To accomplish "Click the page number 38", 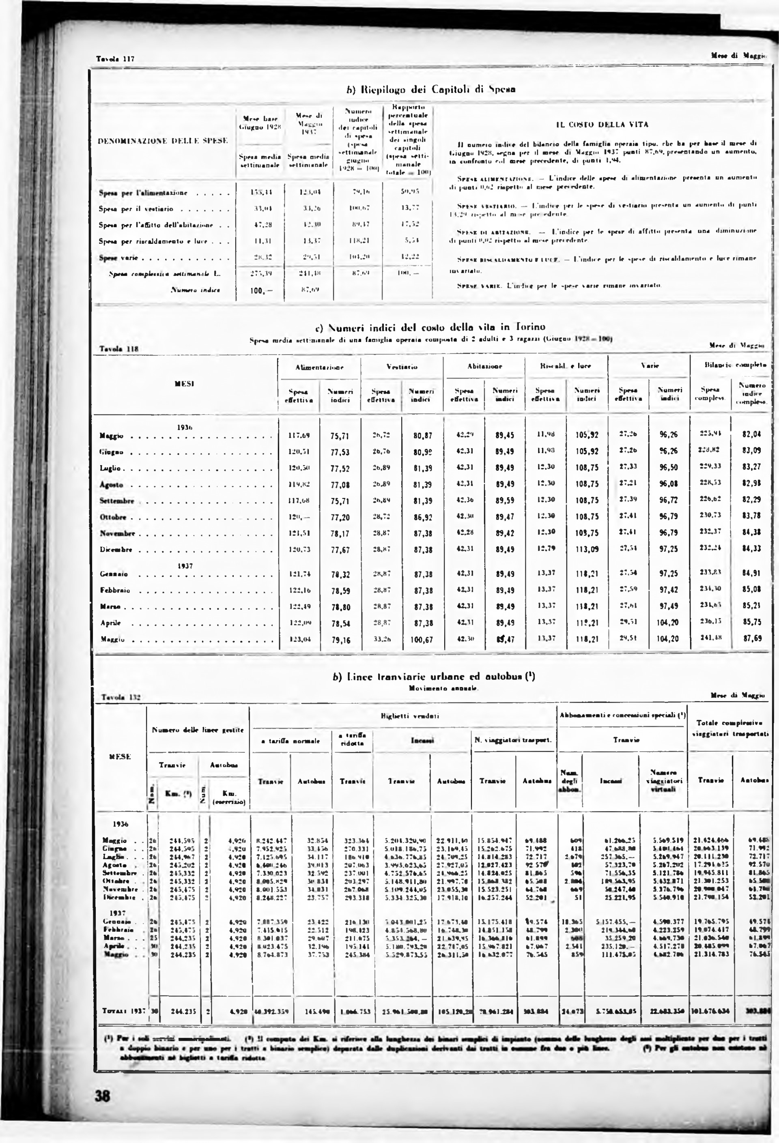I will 103,1096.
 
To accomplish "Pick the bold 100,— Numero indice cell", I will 261,291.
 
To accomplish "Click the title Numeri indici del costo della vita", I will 430,327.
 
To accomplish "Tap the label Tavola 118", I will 119,349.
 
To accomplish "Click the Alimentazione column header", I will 319,367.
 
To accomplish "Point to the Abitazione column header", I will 485,367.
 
